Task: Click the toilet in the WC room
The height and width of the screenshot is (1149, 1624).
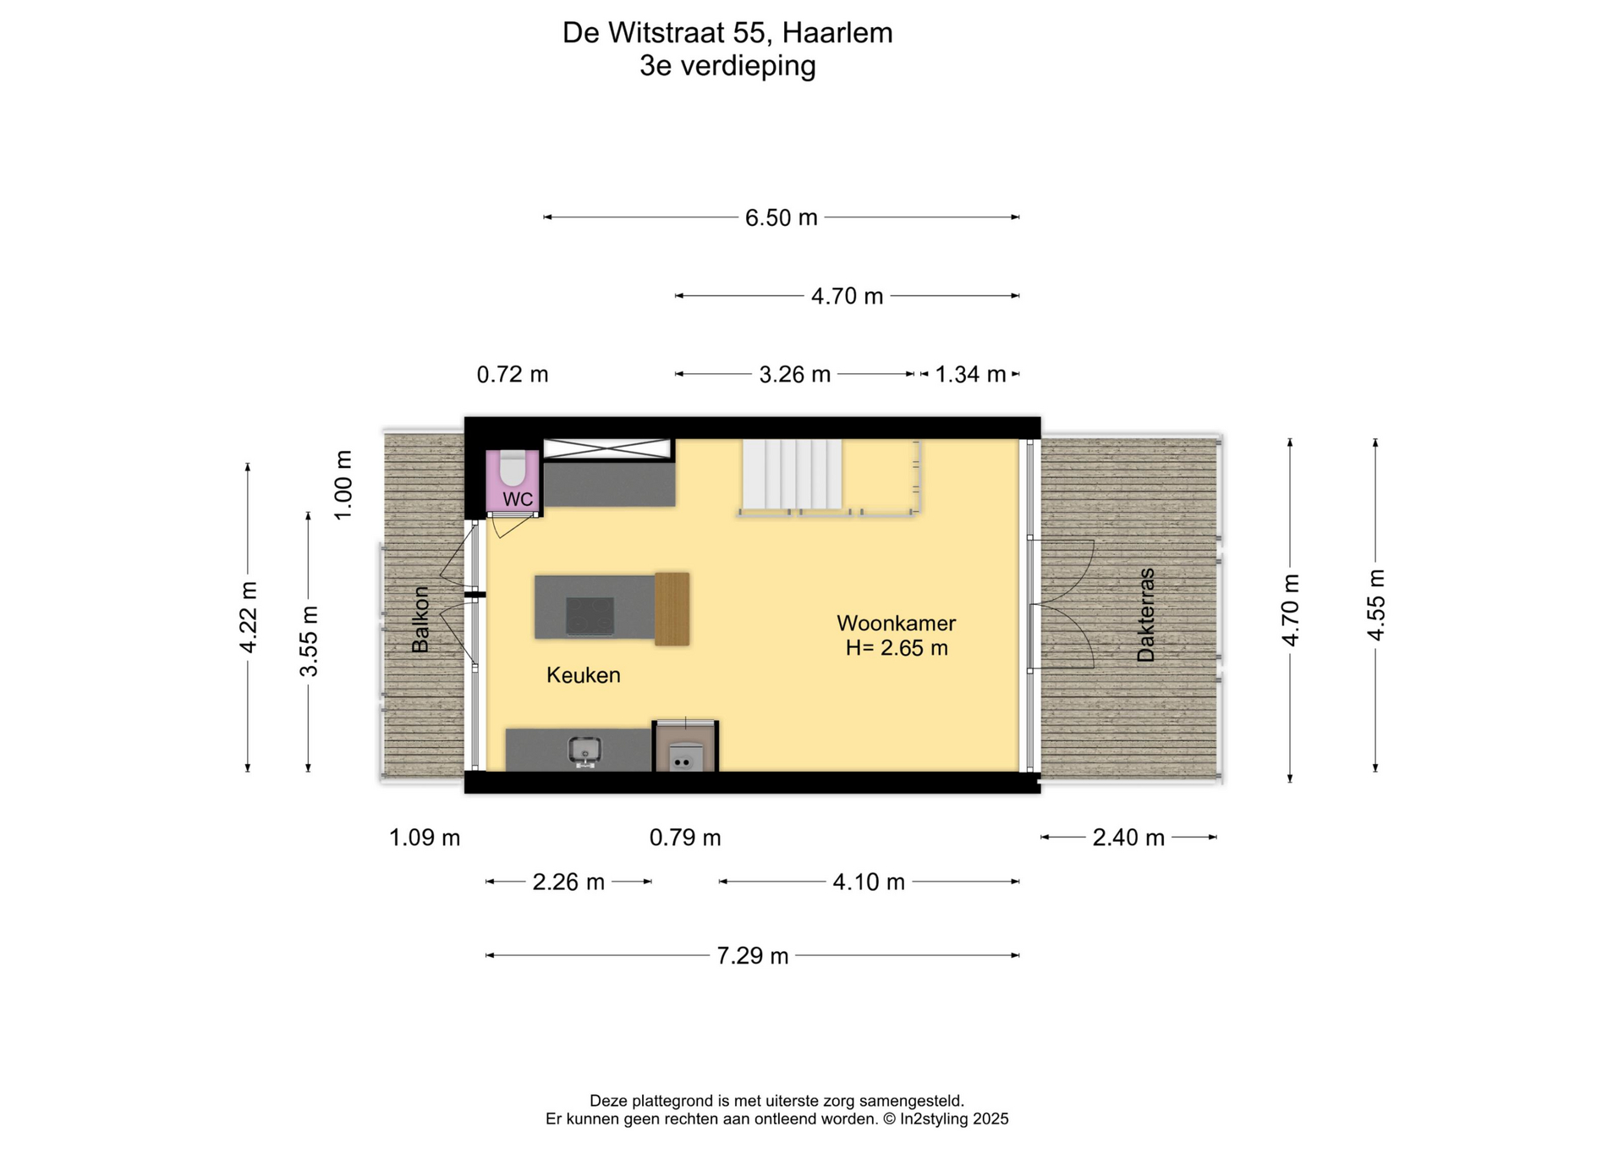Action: click(513, 467)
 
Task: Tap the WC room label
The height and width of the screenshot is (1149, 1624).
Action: click(518, 499)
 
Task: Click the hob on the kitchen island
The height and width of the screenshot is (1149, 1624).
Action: click(590, 615)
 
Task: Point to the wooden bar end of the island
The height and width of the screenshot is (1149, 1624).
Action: click(672, 609)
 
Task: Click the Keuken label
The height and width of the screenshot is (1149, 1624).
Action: click(584, 675)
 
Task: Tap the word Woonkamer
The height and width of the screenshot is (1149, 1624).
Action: click(897, 624)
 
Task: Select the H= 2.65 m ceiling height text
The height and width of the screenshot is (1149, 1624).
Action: click(897, 648)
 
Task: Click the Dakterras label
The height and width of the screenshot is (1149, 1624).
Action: click(1146, 614)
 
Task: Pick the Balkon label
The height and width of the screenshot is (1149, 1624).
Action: click(420, 619)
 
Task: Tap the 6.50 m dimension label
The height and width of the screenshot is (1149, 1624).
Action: click(782, 218)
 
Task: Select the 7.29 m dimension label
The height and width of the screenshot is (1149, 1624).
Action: click(753, 956)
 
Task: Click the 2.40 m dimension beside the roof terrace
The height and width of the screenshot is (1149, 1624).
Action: click(1128, 838)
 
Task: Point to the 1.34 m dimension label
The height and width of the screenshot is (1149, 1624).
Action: click(970, 374)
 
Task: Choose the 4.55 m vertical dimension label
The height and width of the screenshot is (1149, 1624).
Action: click(1376, 605)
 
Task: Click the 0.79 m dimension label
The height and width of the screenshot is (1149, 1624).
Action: click(685, 838)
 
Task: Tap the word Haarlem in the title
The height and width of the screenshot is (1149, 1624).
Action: click(837, 33)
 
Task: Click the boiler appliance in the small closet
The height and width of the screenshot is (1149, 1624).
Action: click(685, 756)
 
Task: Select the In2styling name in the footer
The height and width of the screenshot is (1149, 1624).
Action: click(934, 1119)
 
